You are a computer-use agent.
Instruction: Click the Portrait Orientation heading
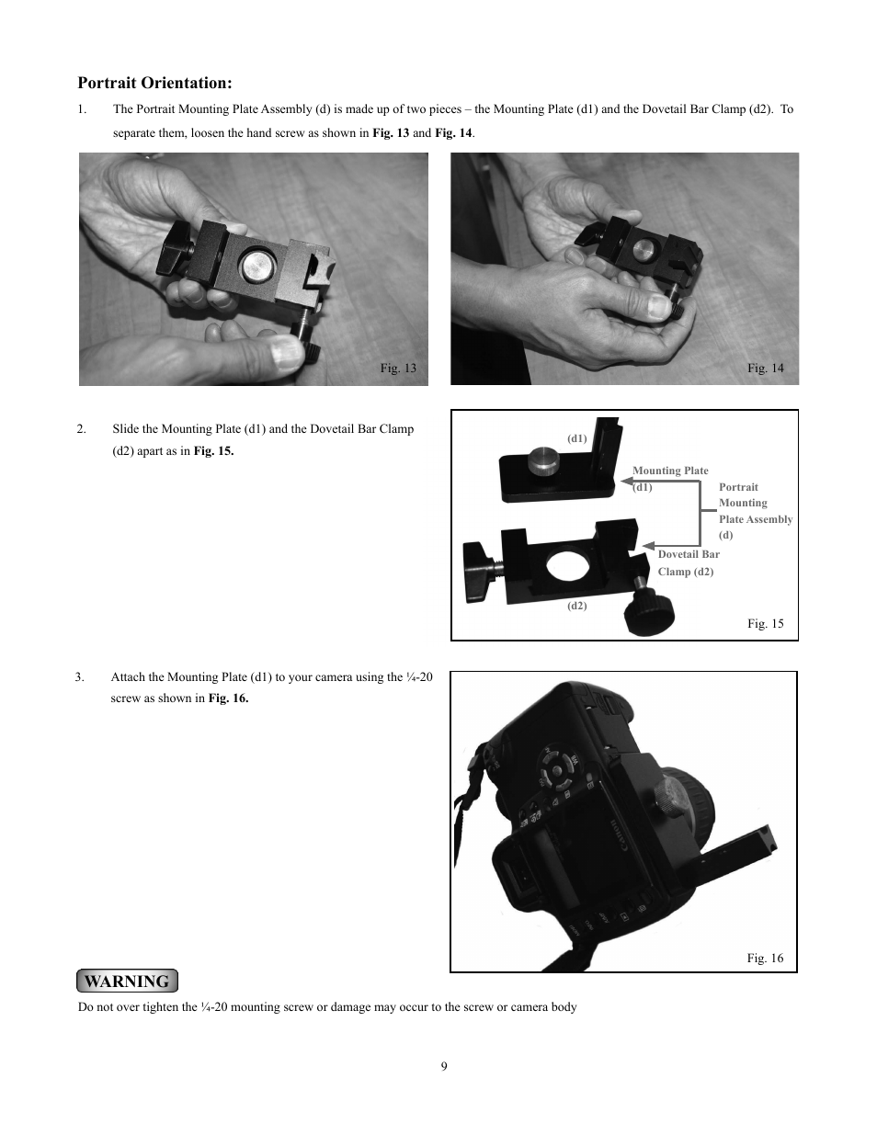click(x=154, y=83)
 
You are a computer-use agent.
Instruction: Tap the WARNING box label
click(x=127, y=981)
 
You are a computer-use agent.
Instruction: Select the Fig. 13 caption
click(x=398, y=368)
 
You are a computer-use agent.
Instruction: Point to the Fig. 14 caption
click(x=765, y=368)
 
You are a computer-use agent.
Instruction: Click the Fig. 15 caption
click(x=765, y=623)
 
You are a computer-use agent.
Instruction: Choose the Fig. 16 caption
click(x=765, y=958)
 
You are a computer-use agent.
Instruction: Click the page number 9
click(x=444, y=1066)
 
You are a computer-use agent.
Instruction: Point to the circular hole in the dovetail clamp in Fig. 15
click(x=568, y=570)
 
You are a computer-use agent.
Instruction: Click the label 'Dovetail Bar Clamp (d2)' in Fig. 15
click(x=688, y=562)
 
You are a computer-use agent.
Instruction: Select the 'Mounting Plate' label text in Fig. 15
click(x=670, y=471)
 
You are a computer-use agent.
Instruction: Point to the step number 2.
click(x=82, y=428)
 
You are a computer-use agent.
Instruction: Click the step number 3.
click(x=80, y=677)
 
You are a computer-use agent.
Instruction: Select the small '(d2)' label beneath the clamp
click(x=576, y=606)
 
